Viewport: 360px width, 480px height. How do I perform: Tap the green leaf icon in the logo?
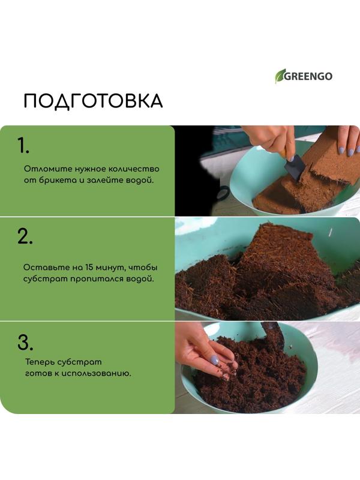(280, 76)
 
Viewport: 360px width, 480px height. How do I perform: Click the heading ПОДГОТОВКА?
(93, 101)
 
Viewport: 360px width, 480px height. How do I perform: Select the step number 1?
(23, 146)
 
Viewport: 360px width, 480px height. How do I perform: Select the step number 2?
(25, 237)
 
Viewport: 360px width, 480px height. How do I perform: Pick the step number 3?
(25, 343)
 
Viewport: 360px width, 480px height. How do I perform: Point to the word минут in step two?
(106, 267)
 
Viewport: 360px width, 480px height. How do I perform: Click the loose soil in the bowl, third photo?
(258, 378)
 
